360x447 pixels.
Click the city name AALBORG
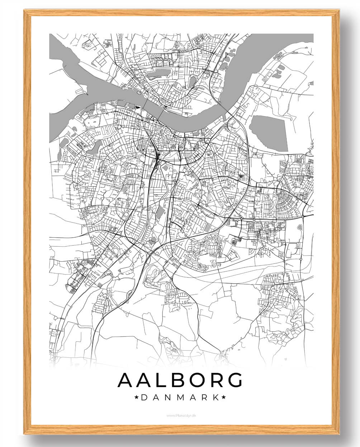click(x=180, y=380)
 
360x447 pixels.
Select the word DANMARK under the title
click(x=180, y=398)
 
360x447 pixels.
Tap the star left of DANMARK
click(x=137, y=398)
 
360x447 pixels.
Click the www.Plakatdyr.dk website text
click(x=180, y=416)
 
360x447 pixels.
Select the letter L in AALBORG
click(x=154, y=380)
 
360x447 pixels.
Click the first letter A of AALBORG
click(x=125, y=380)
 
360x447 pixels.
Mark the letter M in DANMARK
click(x=180, y=398)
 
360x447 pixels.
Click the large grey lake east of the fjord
click(x=269, y=131)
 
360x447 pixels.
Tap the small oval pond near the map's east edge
click(x=300, y=227)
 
